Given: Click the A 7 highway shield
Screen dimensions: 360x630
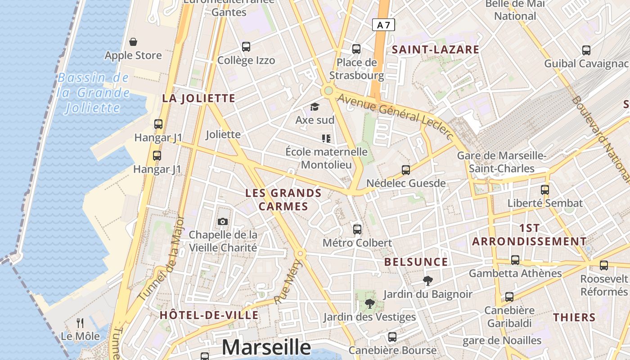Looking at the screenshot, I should [383, 25].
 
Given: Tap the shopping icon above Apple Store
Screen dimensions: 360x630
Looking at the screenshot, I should [133, 42].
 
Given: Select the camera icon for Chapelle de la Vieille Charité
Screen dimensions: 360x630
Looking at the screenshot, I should [222, 221].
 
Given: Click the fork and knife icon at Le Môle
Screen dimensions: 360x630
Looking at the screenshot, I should [80, 323].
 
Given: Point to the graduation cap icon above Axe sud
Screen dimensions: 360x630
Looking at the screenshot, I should [315, 107].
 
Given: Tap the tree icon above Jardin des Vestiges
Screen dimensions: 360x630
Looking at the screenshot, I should [369, 303].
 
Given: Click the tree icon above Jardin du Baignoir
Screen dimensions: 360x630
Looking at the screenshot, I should [427, 281].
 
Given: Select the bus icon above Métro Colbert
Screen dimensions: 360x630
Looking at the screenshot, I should [357, 229].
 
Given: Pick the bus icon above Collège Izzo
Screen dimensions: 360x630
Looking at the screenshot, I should [246, 46].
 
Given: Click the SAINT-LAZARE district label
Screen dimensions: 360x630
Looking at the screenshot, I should [436, 49].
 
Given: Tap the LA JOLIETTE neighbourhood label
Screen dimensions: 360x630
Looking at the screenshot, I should [198, 99].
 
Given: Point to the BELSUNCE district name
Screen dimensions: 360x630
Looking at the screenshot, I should [416, 262].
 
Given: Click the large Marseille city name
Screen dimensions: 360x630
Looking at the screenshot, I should [266, 347].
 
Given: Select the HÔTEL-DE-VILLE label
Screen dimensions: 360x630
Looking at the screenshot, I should [209, 315].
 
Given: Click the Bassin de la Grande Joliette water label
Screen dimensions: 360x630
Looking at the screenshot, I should [93, 93].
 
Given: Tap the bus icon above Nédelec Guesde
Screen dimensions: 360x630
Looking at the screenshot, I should [406, 170].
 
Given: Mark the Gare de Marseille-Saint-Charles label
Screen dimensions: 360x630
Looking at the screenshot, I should [501, 162].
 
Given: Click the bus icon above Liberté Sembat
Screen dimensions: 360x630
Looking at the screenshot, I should [545, 189].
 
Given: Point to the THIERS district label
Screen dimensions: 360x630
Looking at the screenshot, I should [574, 317].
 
